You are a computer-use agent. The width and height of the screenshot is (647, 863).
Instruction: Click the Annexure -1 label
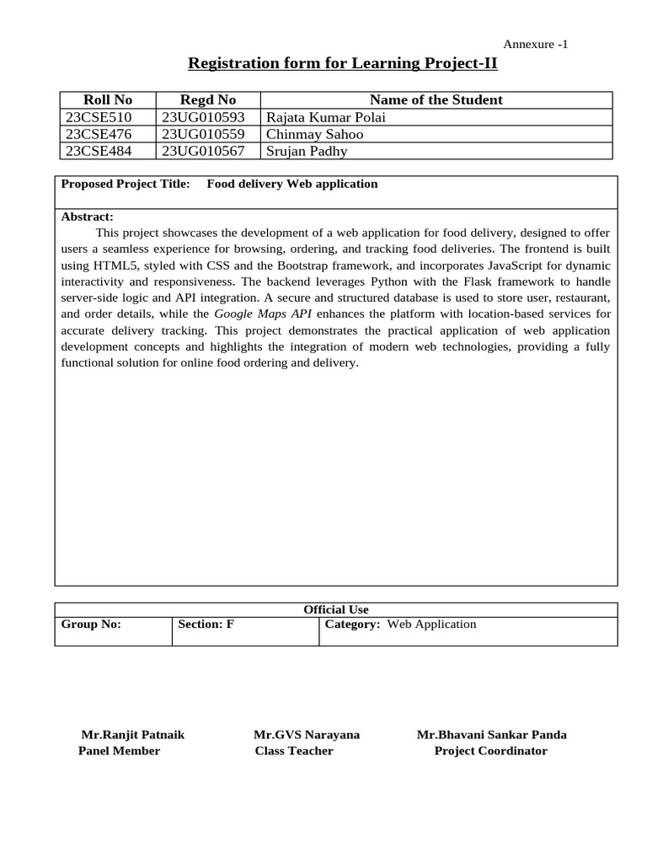coord(535,45)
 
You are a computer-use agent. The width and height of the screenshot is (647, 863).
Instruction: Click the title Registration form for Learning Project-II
coord(342,63)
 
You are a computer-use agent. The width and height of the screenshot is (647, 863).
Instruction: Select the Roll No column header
coord(108,99)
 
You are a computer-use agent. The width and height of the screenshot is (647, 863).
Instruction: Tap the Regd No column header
coord(208,99)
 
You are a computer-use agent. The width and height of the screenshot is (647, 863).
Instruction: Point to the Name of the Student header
coord(436,99)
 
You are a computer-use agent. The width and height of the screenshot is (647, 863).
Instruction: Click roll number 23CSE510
coord(99,117)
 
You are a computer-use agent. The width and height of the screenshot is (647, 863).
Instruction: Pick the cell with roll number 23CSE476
coord(99,134)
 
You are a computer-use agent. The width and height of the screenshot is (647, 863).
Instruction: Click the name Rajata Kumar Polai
coord(325,117)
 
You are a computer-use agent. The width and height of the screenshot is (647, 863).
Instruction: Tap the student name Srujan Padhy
coord(307,151)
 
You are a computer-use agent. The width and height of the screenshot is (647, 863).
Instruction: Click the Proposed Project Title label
coord(126,184)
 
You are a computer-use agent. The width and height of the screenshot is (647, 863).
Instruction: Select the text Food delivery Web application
coord(292,184)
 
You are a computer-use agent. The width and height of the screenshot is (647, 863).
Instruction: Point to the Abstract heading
coord(87,217)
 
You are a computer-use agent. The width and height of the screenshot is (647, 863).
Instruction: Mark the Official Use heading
coord(335,609)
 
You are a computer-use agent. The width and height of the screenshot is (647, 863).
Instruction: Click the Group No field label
coord(91,624)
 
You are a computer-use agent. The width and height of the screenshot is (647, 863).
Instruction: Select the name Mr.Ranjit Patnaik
coord(132,735)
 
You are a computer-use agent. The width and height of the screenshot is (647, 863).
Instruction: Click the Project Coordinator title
coord(490,751)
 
